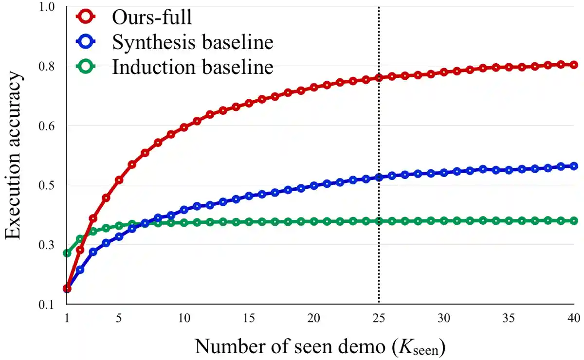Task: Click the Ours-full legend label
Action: click(152, 18)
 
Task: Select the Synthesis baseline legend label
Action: click(193, 43)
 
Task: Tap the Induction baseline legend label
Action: click(193, 67)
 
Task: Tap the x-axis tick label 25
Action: click(379, 318)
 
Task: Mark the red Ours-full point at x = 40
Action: click(574, 65)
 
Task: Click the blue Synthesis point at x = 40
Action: click(574, 166)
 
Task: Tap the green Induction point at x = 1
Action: click(67, 253)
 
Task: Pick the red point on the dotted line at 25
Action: click(379, 77)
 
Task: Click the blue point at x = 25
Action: click(379, 178)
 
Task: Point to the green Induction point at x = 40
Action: click(574, 221)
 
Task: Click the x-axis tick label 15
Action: click(249, 318)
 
